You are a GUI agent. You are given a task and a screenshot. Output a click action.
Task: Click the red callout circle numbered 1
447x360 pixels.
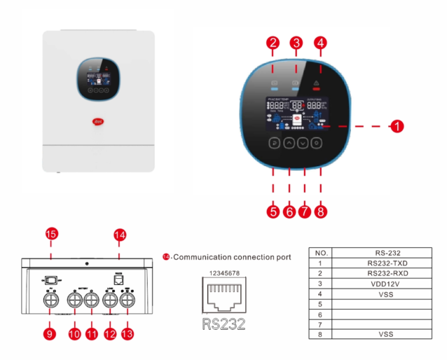pos(397,127)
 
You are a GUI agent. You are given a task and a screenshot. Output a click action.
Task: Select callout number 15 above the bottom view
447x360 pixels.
pos(50,234)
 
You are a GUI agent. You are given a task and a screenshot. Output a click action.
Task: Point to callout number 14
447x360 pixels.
pos(119,234)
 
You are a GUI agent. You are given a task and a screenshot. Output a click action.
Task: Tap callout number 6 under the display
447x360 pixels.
pos(289,211)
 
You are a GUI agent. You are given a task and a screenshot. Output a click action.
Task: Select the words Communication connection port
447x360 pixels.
pos(231,258)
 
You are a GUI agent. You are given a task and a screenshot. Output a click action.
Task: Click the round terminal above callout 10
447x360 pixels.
pos(75,299)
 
